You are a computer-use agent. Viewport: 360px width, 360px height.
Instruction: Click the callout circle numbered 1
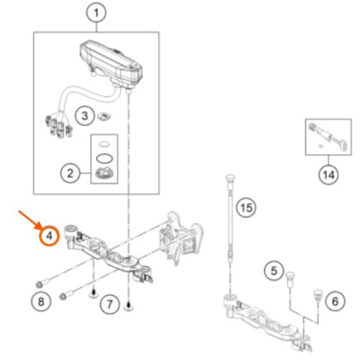96,13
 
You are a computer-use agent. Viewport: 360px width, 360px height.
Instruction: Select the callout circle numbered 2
70,174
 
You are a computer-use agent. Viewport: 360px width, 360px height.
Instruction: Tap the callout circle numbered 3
85,116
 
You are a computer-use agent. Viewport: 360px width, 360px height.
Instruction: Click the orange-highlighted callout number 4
49,235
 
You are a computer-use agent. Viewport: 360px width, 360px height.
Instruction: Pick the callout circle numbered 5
274,271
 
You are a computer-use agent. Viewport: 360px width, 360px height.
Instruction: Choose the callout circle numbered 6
336,301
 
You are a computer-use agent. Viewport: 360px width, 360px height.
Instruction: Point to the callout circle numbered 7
109,305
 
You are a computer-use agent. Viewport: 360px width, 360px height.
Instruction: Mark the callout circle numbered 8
41,302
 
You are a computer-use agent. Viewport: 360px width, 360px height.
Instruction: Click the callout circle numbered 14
328,175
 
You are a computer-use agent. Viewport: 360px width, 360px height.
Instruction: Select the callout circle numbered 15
246,207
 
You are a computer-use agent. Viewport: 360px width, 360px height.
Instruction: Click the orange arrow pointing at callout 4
30,220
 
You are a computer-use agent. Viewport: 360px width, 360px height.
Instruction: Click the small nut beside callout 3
104,117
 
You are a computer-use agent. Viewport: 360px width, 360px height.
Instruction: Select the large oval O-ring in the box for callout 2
104,158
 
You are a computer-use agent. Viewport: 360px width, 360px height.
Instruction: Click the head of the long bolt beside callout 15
230,179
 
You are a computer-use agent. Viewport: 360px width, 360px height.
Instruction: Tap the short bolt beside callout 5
290,279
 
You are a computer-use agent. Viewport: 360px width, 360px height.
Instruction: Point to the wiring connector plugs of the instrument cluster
59,125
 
